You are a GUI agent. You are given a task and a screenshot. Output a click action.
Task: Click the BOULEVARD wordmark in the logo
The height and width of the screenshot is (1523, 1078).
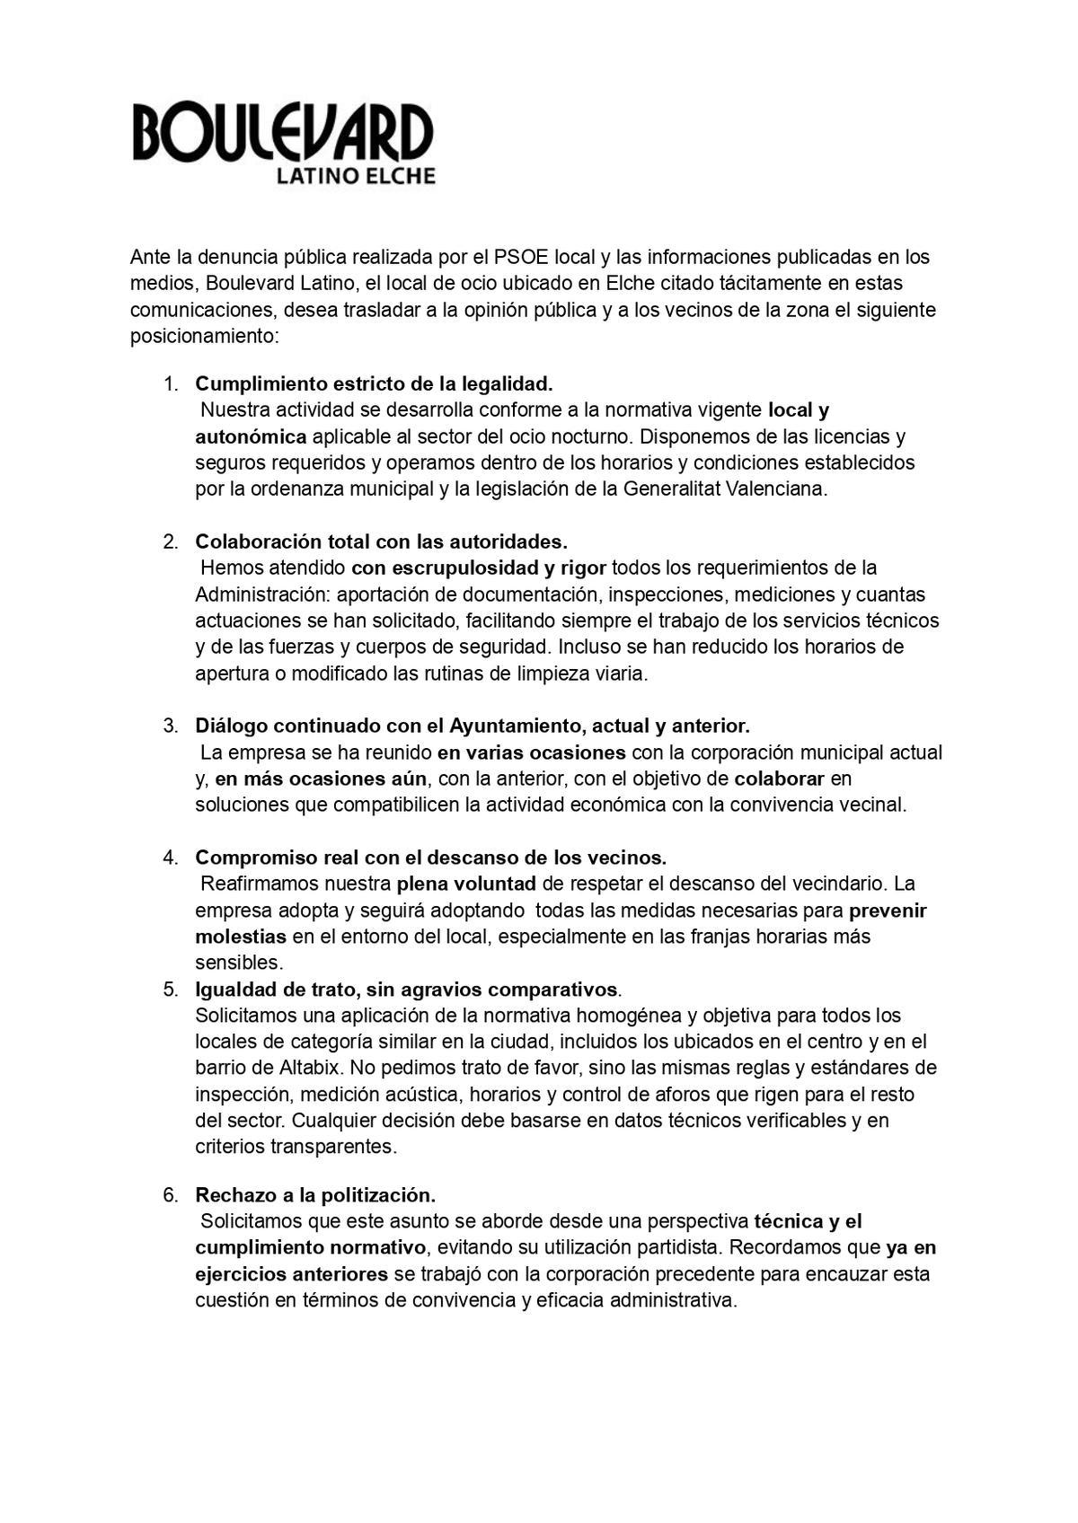click(x=283, y=133)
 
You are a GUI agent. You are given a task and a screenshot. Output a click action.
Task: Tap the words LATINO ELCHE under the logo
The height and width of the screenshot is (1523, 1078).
click(x=355, y=176)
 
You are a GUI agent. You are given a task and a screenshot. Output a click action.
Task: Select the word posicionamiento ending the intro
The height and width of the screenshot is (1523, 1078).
click(x=205, y=337)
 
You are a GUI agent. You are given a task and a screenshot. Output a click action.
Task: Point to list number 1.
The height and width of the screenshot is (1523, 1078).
click(x=171, y=384)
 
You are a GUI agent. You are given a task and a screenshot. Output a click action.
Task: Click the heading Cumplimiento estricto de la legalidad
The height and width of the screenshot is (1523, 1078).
click(x=374, y=384)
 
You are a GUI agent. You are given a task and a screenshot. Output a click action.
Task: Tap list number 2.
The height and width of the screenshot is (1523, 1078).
click(x=171, y=542)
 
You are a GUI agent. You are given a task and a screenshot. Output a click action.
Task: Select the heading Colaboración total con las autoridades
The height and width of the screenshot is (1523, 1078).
click(x=382, y=542)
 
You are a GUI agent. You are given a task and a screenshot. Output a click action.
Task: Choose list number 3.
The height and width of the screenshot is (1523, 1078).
click(x=171, y=726)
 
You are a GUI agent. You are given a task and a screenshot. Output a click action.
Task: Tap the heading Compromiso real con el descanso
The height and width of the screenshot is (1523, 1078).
click(x=430, y=858)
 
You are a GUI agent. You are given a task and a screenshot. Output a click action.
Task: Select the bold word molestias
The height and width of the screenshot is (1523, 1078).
click(x=241, y=937)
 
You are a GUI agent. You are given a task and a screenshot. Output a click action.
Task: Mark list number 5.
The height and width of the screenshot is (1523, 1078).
click(x=171, y=990)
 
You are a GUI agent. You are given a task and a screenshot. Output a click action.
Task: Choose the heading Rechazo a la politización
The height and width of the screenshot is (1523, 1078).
click(x=315, y=1195)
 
